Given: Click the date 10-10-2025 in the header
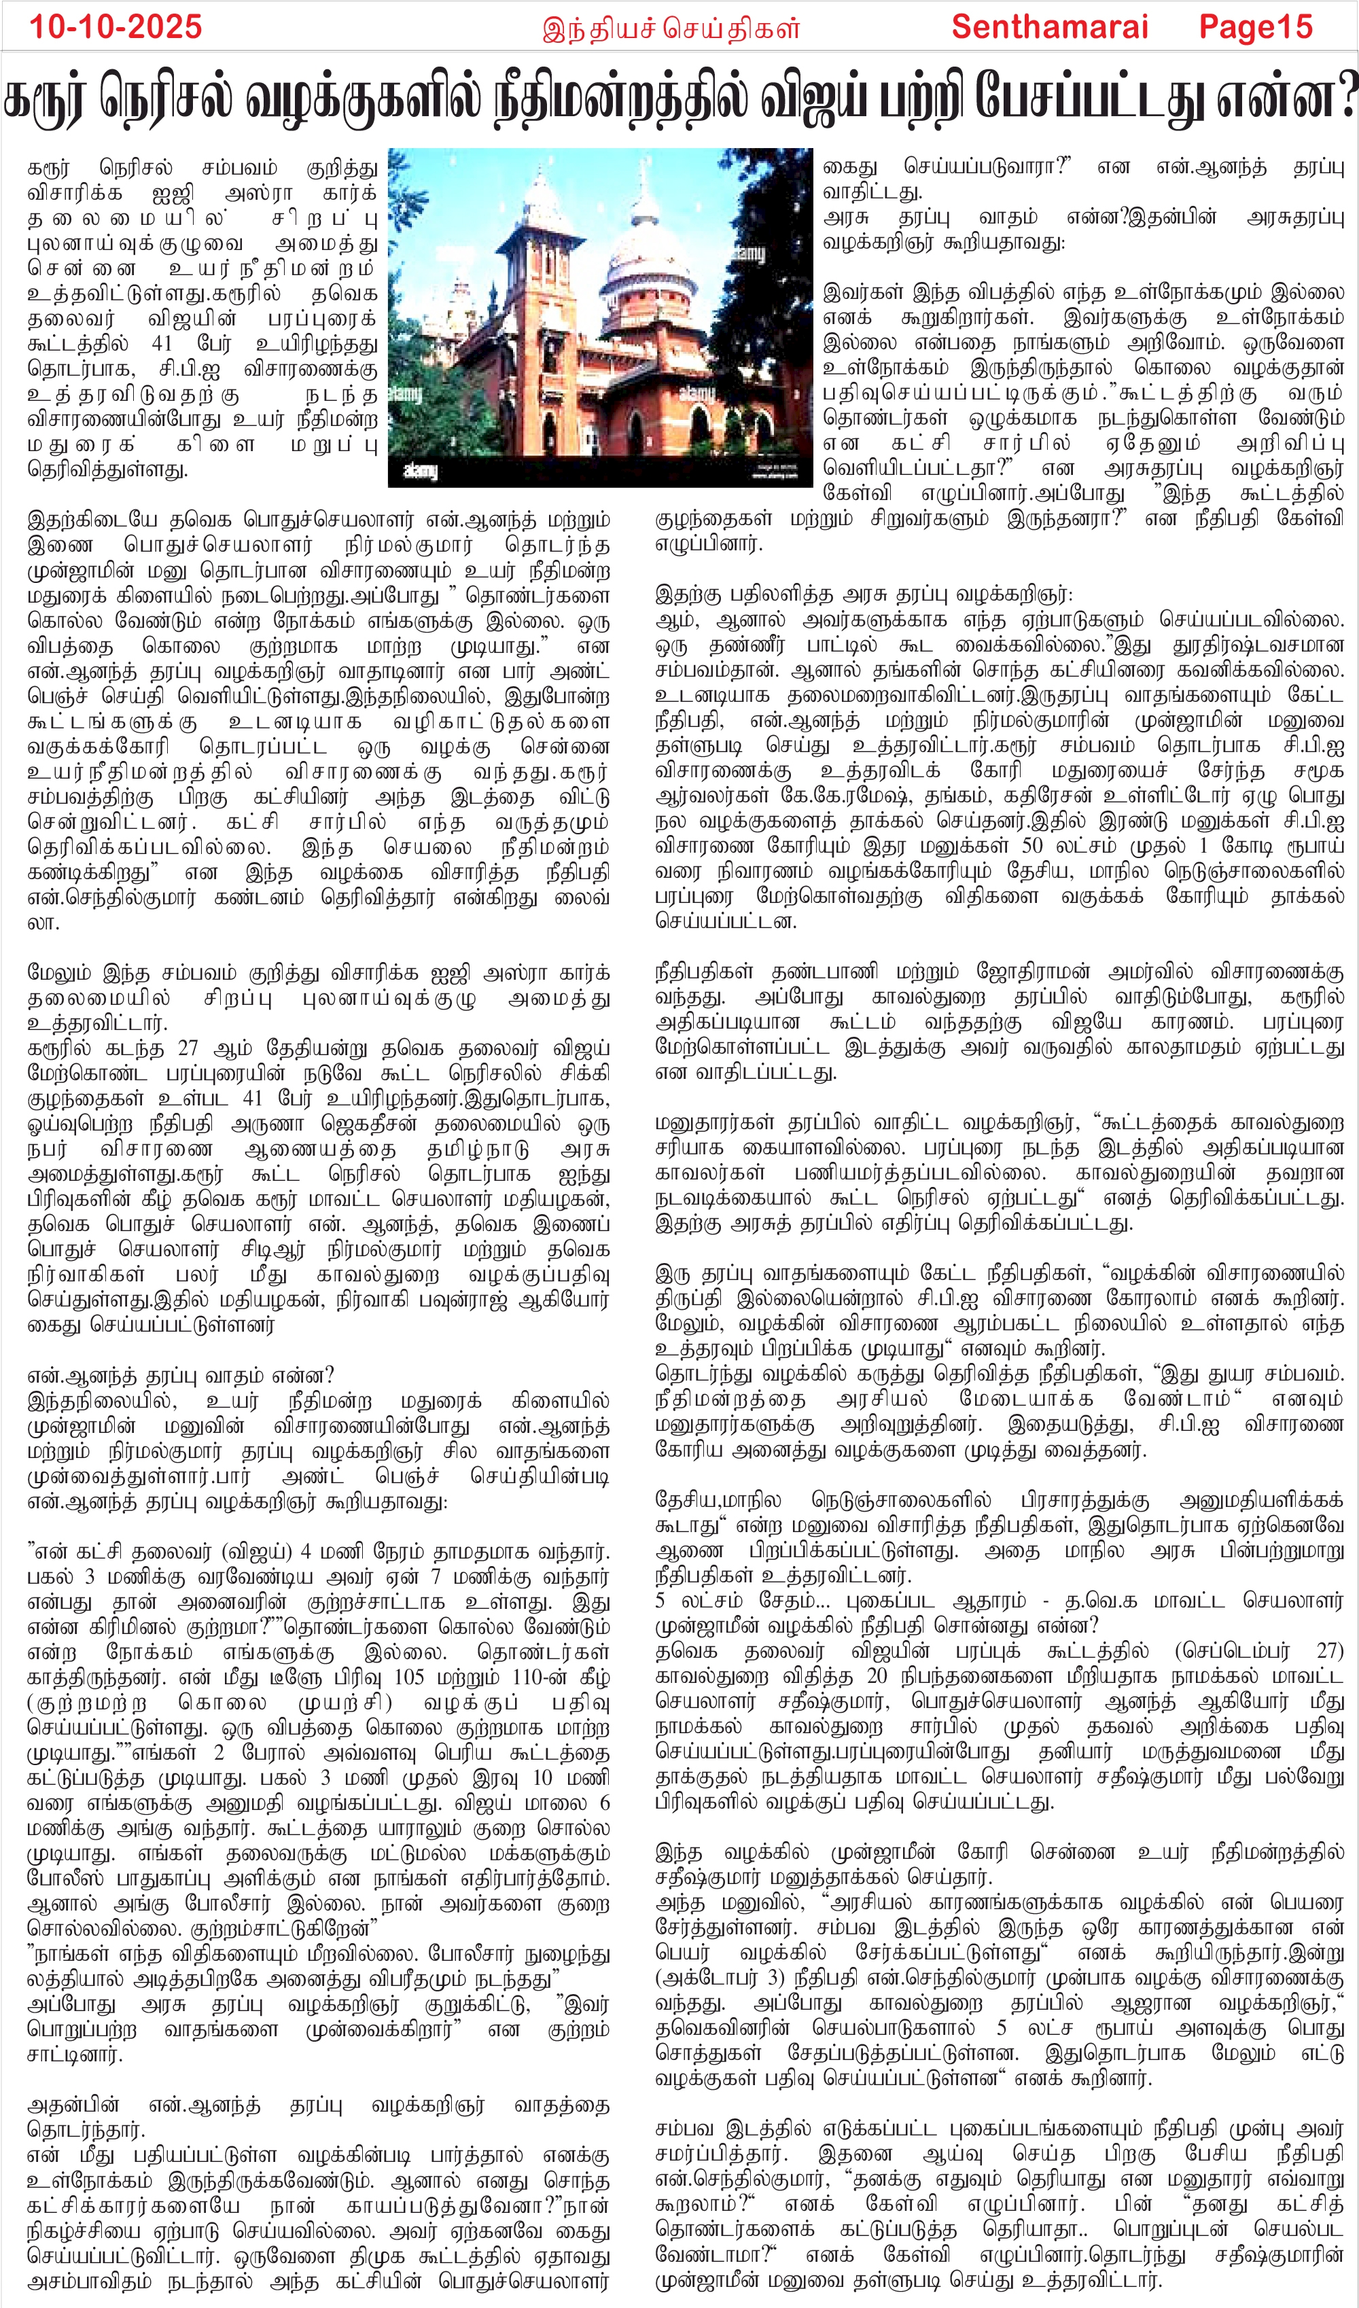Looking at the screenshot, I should (116, 26).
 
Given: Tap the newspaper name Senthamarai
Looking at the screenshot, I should (1049, 26).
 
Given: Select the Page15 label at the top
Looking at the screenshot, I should (1256, 26).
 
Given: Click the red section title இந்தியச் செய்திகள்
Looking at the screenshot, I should (671, 29).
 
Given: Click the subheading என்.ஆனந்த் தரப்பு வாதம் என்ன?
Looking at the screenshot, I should (181, 1376).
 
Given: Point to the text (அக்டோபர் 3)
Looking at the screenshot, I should (724, 1977).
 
